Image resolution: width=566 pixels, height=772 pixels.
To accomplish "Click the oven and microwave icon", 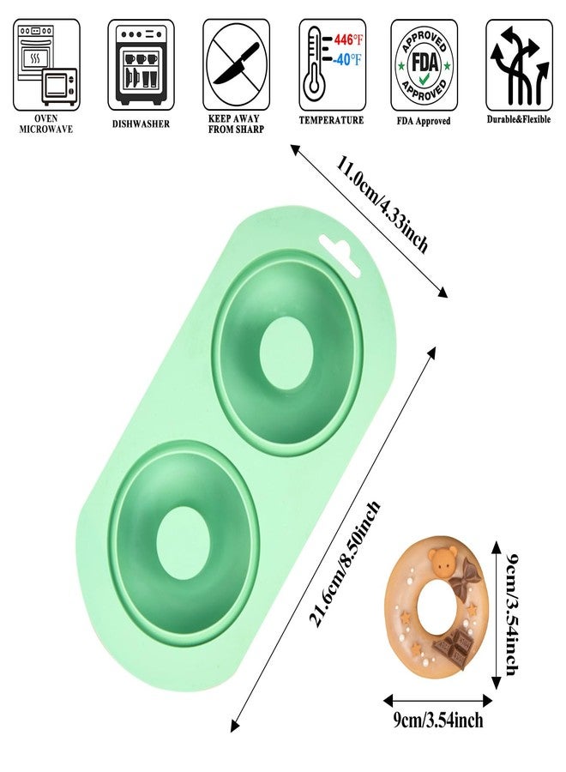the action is pos(46,64).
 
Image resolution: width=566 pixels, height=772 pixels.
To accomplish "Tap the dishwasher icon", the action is pos(141,64).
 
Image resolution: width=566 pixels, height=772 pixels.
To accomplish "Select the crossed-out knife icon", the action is pos(236,64).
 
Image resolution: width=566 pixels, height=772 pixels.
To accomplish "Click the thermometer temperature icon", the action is pos(332,64).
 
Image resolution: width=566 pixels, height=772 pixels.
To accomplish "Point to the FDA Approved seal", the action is pos(424,65).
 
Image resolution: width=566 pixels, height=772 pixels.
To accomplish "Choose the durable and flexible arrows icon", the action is pos(519,64).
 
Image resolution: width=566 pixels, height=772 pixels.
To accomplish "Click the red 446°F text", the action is pos(348,39).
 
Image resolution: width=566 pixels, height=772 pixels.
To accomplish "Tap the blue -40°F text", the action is pos(347,60).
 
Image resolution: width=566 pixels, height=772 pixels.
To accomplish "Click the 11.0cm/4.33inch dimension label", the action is pos(382,202).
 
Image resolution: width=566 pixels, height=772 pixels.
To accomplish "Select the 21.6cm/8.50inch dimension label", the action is pos(344,564).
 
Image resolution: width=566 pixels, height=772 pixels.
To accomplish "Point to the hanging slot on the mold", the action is pos(340,255).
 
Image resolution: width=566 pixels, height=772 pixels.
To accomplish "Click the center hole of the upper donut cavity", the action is pos(286,353).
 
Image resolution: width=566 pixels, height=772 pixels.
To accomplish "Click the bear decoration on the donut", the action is pos(441,562).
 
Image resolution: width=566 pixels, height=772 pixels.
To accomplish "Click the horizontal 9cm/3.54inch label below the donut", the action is pos(437,721).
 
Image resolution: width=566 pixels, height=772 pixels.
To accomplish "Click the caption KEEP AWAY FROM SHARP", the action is pos(236,124).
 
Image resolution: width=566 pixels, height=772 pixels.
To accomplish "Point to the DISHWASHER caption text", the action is pos(141,124).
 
